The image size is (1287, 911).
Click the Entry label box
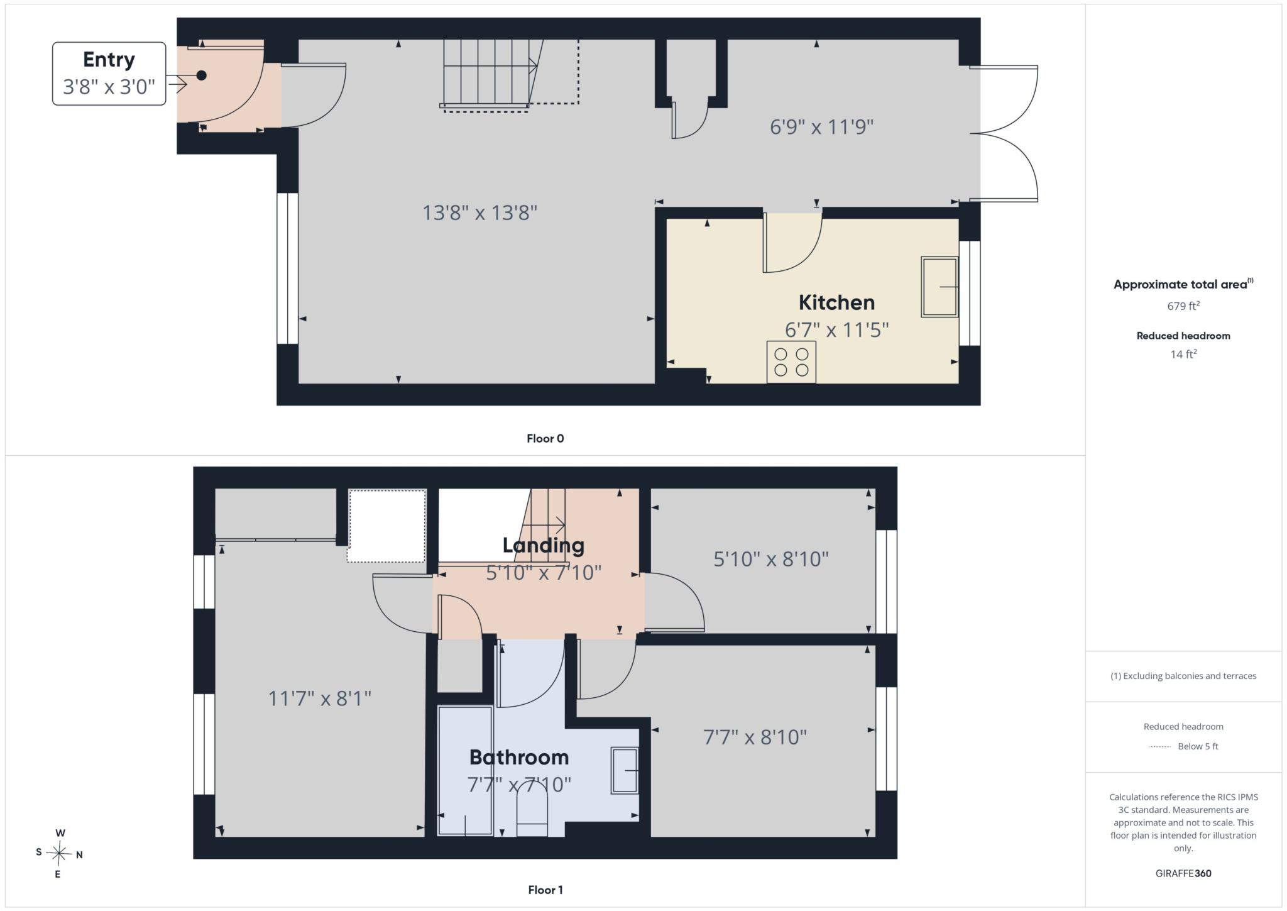(109, 74)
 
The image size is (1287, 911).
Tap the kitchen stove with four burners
(791, 362)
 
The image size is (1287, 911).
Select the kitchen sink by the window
(939, 287)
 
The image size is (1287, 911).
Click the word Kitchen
(836, 302)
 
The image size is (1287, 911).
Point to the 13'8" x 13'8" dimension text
(479, 213)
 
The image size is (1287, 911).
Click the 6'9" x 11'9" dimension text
(821, 127)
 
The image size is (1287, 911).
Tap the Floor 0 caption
(545, 439)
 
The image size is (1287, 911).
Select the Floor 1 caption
(545, 890)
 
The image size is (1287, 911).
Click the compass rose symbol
(59, 853)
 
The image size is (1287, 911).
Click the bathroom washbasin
(625, 770)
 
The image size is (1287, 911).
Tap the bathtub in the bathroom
(465, 771)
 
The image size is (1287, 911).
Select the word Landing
(543, 545)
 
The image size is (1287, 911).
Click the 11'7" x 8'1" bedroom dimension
(320, 698)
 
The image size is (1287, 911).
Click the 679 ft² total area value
(1183, 306)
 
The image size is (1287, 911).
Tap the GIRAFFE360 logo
(1183, 873)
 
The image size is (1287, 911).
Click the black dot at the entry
(201, 75)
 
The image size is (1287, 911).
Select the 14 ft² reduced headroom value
(1183, 354)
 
